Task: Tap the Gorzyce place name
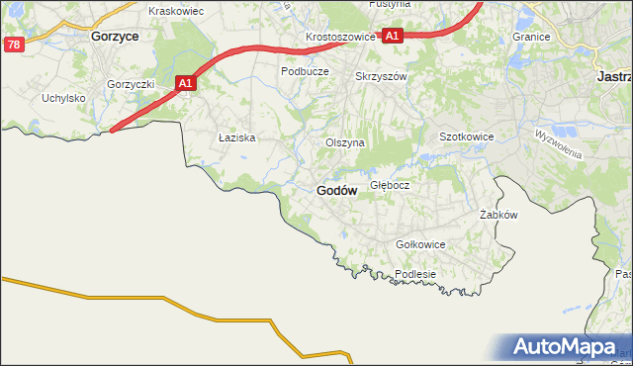point(114,35)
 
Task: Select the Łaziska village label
point(237,138)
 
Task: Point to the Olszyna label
point(345,142)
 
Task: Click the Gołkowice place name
point(420,244)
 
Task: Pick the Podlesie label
point(415,274)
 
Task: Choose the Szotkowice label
point(466,137)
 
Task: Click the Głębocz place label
point(390,185)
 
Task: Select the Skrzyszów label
point(381,75)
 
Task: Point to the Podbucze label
point(305,71)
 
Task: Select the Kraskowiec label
point(175,11)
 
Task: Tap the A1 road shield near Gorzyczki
point(185,84)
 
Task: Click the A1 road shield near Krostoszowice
point(392,36)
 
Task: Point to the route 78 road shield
point(13,45)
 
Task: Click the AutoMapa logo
point(565,347)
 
